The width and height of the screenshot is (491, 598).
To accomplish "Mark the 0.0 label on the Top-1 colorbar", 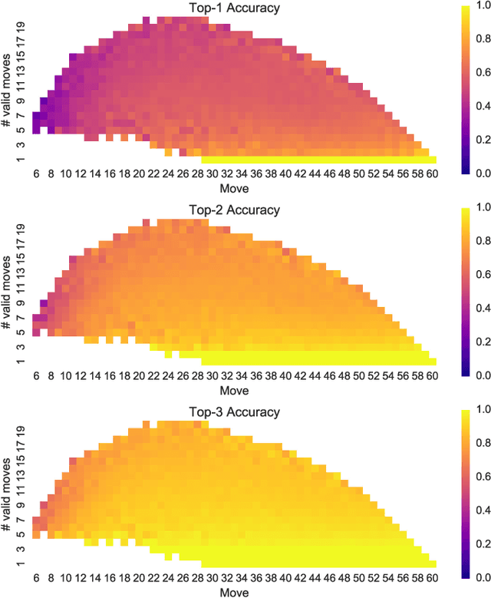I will point(479,173).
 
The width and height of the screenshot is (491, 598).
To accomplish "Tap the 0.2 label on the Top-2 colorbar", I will point(479,342).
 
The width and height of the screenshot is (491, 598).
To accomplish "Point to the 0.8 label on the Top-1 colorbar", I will point(479,41).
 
